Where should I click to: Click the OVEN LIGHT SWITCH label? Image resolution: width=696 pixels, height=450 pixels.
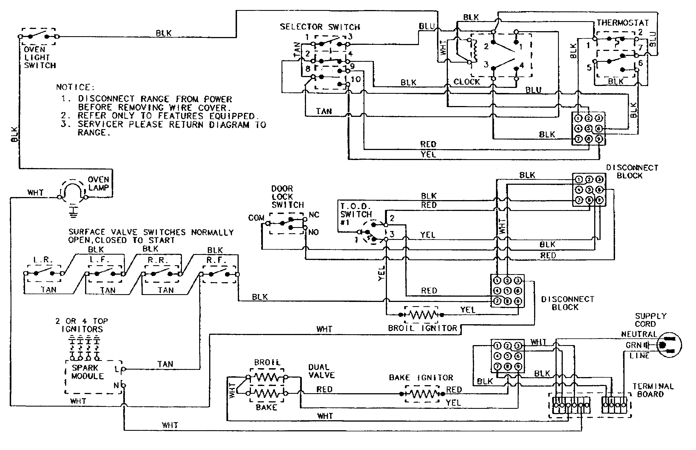[x=40, y=58]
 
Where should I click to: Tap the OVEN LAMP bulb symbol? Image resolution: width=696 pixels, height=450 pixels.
[x=73, y=191]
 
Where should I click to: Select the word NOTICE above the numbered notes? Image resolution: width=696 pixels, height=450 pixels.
[x=75, y=87]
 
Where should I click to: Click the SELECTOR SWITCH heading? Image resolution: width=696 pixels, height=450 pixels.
[x=320, y=27]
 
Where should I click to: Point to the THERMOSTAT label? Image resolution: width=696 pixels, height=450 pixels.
[x=622, y=23]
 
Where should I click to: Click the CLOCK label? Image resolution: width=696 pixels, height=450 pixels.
[x=467, y=82]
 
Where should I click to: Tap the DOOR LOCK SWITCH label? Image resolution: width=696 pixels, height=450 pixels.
[x=287, y=197]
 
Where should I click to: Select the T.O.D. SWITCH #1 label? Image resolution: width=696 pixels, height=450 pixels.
[x=356, y=214]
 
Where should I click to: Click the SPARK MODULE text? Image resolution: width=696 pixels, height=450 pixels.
[x=87, y=372]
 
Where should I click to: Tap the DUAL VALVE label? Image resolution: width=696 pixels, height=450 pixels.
[x=321, y=371]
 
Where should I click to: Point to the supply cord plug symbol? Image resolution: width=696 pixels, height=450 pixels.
[x=669, y=345]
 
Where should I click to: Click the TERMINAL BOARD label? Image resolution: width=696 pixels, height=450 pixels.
[x=653, y=390]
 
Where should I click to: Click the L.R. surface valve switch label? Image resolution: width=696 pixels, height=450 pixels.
[x=43, y=260]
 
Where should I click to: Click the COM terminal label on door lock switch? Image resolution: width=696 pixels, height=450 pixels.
[x=256, y=218]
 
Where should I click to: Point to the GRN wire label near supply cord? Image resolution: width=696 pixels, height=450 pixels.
[x=633, y=345]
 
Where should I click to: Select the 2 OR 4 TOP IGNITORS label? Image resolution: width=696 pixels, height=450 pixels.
[x=82, y=325]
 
